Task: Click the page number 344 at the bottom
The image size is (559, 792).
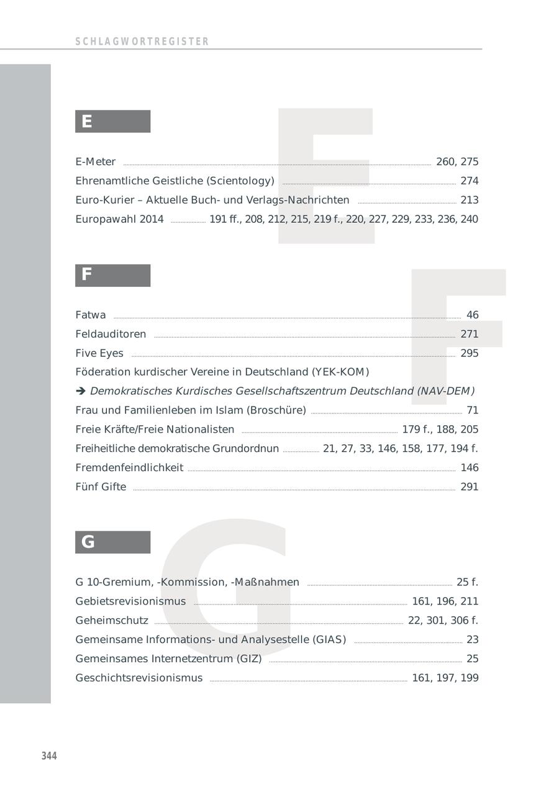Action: [x=49, y=755]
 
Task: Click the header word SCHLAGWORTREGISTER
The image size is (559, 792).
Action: [x=142, y=42]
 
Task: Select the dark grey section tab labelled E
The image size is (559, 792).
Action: [x=112, y=122]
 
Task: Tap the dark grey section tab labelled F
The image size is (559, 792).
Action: [x=112, y=275]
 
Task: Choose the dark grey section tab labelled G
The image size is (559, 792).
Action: [x=112, y=542]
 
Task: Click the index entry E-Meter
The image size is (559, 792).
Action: [x=96, y=162]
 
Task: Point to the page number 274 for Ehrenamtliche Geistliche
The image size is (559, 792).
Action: [x=469, y=181]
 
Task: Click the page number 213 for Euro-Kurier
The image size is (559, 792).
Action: [x=469, y=200]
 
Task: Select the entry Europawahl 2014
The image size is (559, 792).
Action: [x=119, y=219]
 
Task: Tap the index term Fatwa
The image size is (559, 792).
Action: [x=91, y=315]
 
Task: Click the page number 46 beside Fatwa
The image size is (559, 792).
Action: [x=472, y=315]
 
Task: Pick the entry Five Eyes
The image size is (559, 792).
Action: [x=99, y=354]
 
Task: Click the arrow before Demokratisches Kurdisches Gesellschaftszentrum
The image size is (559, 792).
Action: [x=80, y=392]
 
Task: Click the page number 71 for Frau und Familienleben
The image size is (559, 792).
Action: [x=472, y=411]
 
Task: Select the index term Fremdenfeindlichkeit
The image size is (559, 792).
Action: [x=129, y=468]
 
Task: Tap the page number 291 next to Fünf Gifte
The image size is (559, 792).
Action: [x=469, y=487]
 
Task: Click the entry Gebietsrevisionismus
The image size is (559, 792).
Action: [x=130, y=601]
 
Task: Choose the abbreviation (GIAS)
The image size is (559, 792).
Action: [x=329, y=640]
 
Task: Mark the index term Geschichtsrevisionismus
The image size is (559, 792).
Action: [x=139, y=678]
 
